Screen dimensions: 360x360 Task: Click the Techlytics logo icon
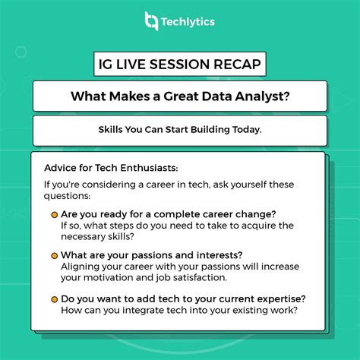151,21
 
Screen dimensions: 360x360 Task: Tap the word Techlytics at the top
188,21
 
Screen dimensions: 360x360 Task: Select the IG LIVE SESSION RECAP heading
180,65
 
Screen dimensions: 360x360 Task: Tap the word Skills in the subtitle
113,130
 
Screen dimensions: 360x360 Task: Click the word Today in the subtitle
245,130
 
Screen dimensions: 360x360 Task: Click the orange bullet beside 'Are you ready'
53,214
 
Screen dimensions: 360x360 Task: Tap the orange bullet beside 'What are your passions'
53,254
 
